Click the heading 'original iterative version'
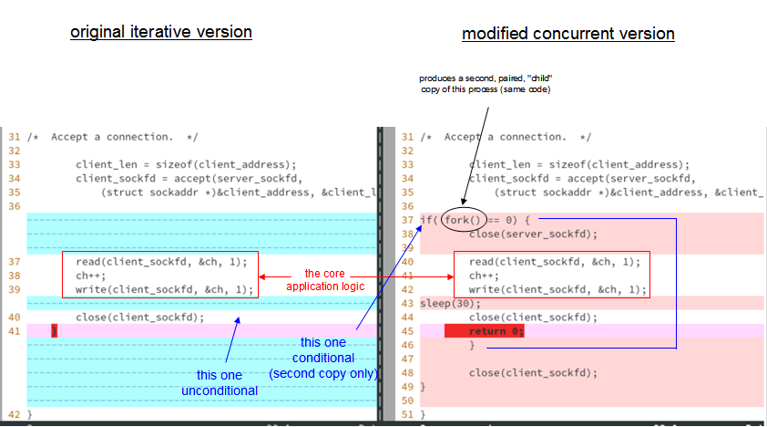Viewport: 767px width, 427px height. tap(161, 32)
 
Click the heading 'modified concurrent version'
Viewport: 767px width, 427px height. tap(568, 34)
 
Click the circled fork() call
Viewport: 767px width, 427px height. tap(463, 220)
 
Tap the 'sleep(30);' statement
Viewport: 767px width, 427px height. tap(450, 303)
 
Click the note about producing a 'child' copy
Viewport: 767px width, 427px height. tap(486, 84)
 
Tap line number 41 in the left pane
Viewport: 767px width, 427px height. tap(14, 331)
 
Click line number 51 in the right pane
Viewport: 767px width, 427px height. tap(407, 414)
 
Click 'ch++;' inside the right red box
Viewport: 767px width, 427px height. tap(483, 276)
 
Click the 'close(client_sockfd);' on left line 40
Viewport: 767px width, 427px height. tap(139, 318)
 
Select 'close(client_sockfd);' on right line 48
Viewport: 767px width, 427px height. tap(533, 372)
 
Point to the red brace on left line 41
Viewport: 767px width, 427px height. tap(55, 331)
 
